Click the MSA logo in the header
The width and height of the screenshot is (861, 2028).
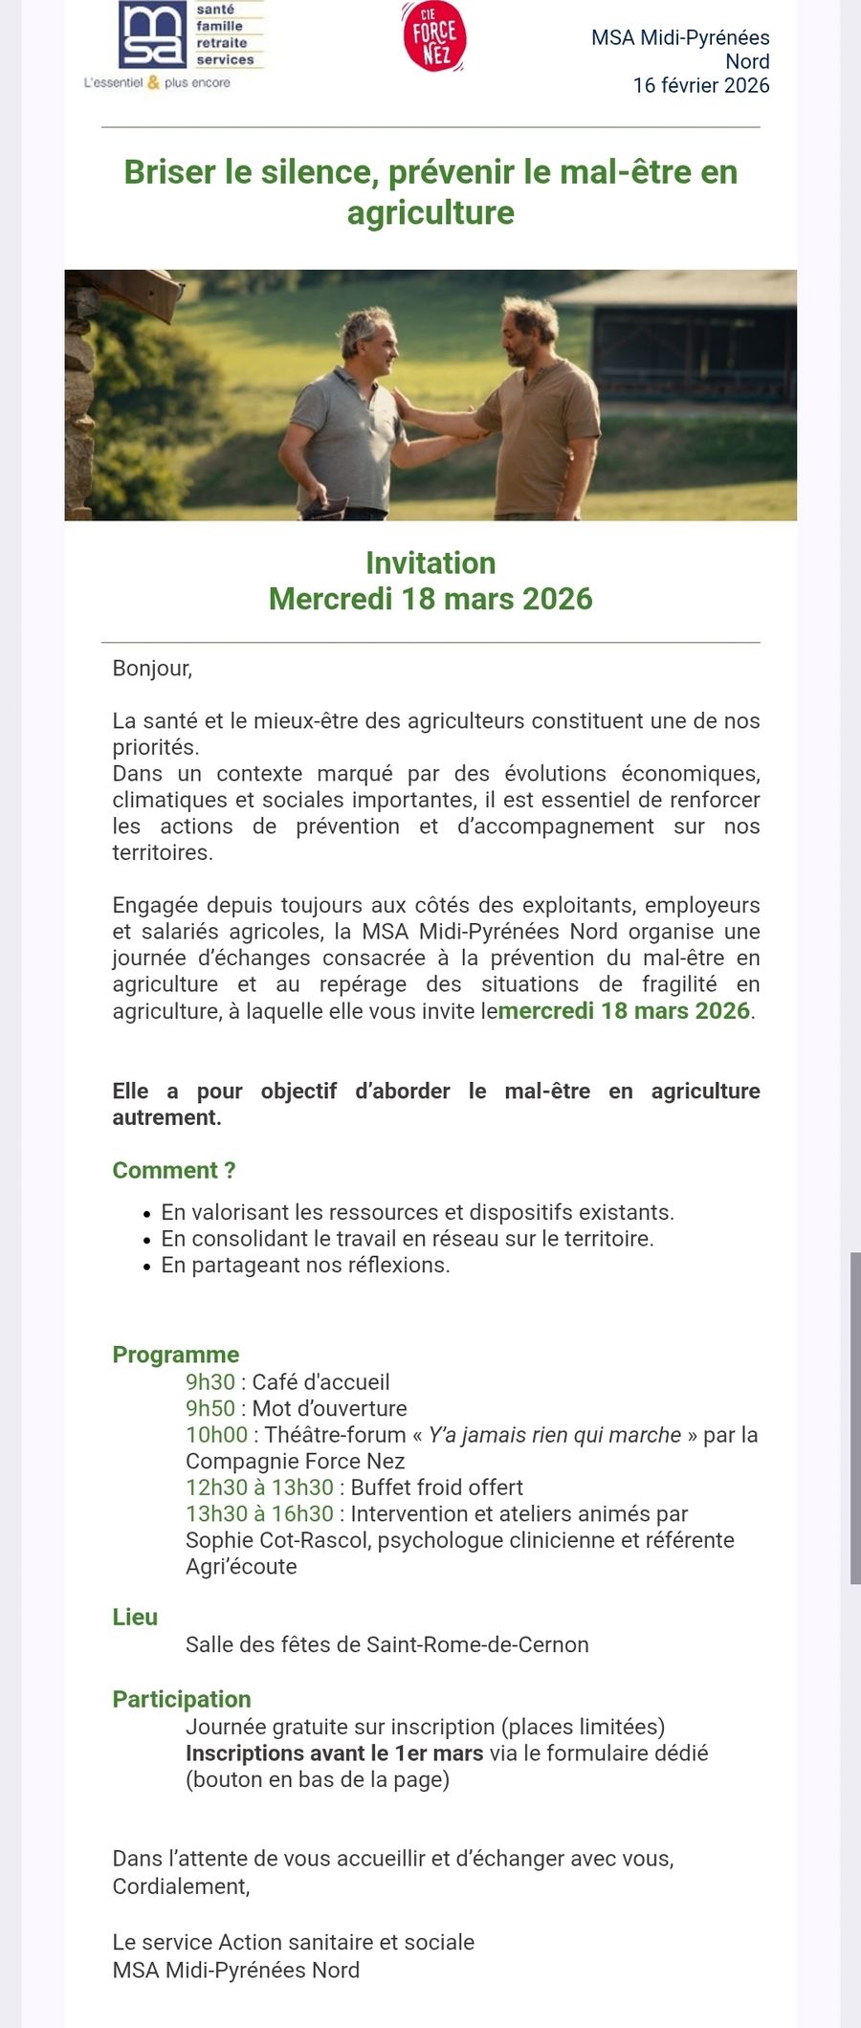pyautogui.click(x=153, y=35)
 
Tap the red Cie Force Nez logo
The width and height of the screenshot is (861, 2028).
pyautogui.click(x=434, y=36)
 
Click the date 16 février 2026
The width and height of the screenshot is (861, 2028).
pyautogui.click(x=700, y=85)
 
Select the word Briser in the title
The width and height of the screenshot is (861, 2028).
pyautogui.click(x=169, y=172)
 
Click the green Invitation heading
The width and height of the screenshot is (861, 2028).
pyautogui.click(x=430, y=562)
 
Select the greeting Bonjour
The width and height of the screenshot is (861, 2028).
pyautogui.click(x=151, y=668)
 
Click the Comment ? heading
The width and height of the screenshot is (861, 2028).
pyautogui.click(x=173, y=1170)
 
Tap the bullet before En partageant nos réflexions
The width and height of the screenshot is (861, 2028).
pyautogui.click(x=146, y=1267)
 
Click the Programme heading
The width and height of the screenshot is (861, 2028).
pyautogui.click(x=175, y=1355)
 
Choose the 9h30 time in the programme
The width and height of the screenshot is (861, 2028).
pyautogui.click(x=210, y=1382)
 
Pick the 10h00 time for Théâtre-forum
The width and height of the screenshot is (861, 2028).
pyautogui.click(x=216, y=1435)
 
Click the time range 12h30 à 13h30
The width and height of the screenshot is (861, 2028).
pyautogui.click(x=259, y=1488)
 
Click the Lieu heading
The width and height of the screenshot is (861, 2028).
pyautogui.click(x=135, y=1617)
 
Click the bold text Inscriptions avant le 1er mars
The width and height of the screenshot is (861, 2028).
pyautogui.click(x=334, y=1753)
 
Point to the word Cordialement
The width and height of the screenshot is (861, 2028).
pyautogui.click(x=180, y=1886)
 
